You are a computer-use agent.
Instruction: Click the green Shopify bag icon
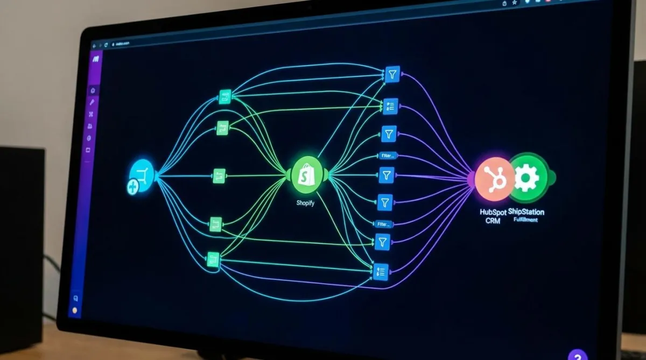coord(307,174)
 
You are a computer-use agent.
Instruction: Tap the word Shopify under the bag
coord(305,203)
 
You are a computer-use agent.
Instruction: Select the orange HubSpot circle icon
coord(494,178)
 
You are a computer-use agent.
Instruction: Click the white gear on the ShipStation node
coord(526,178)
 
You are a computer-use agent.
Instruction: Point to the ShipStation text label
coord(526,211)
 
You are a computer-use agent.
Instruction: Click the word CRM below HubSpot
coord(493,221)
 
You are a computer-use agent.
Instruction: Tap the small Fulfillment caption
coord(525,220)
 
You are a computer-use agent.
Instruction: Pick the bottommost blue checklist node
coord(381,272)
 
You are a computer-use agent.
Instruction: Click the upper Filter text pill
coord(387,156)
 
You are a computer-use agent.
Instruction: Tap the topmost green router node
coord(225,97)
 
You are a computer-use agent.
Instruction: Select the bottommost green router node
coord(213,259)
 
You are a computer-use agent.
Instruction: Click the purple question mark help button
coord(577,356)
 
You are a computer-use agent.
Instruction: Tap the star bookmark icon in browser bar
coord(515,3)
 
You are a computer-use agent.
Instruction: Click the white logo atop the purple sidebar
coord(95,58)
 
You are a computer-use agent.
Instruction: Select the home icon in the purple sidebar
coord(93,90)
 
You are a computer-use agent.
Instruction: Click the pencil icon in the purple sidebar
coord(92,102)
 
